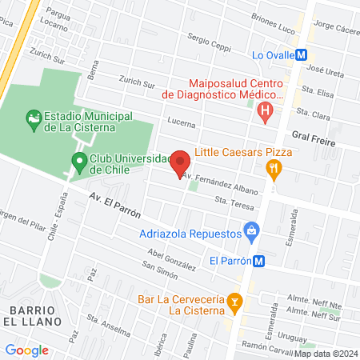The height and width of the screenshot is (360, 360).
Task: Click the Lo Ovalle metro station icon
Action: coord(302,55)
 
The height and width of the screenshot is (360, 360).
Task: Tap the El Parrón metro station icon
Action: coord(258,260)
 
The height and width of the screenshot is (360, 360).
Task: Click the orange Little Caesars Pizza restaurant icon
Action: coord(274,167)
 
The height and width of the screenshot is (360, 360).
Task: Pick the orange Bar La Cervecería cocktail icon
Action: coord(234,301)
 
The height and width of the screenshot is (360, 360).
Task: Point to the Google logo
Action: coord(26,350)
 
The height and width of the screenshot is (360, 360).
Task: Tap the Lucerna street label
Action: coord(182,123)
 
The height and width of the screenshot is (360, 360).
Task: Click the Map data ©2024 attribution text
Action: coord(326,353)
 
